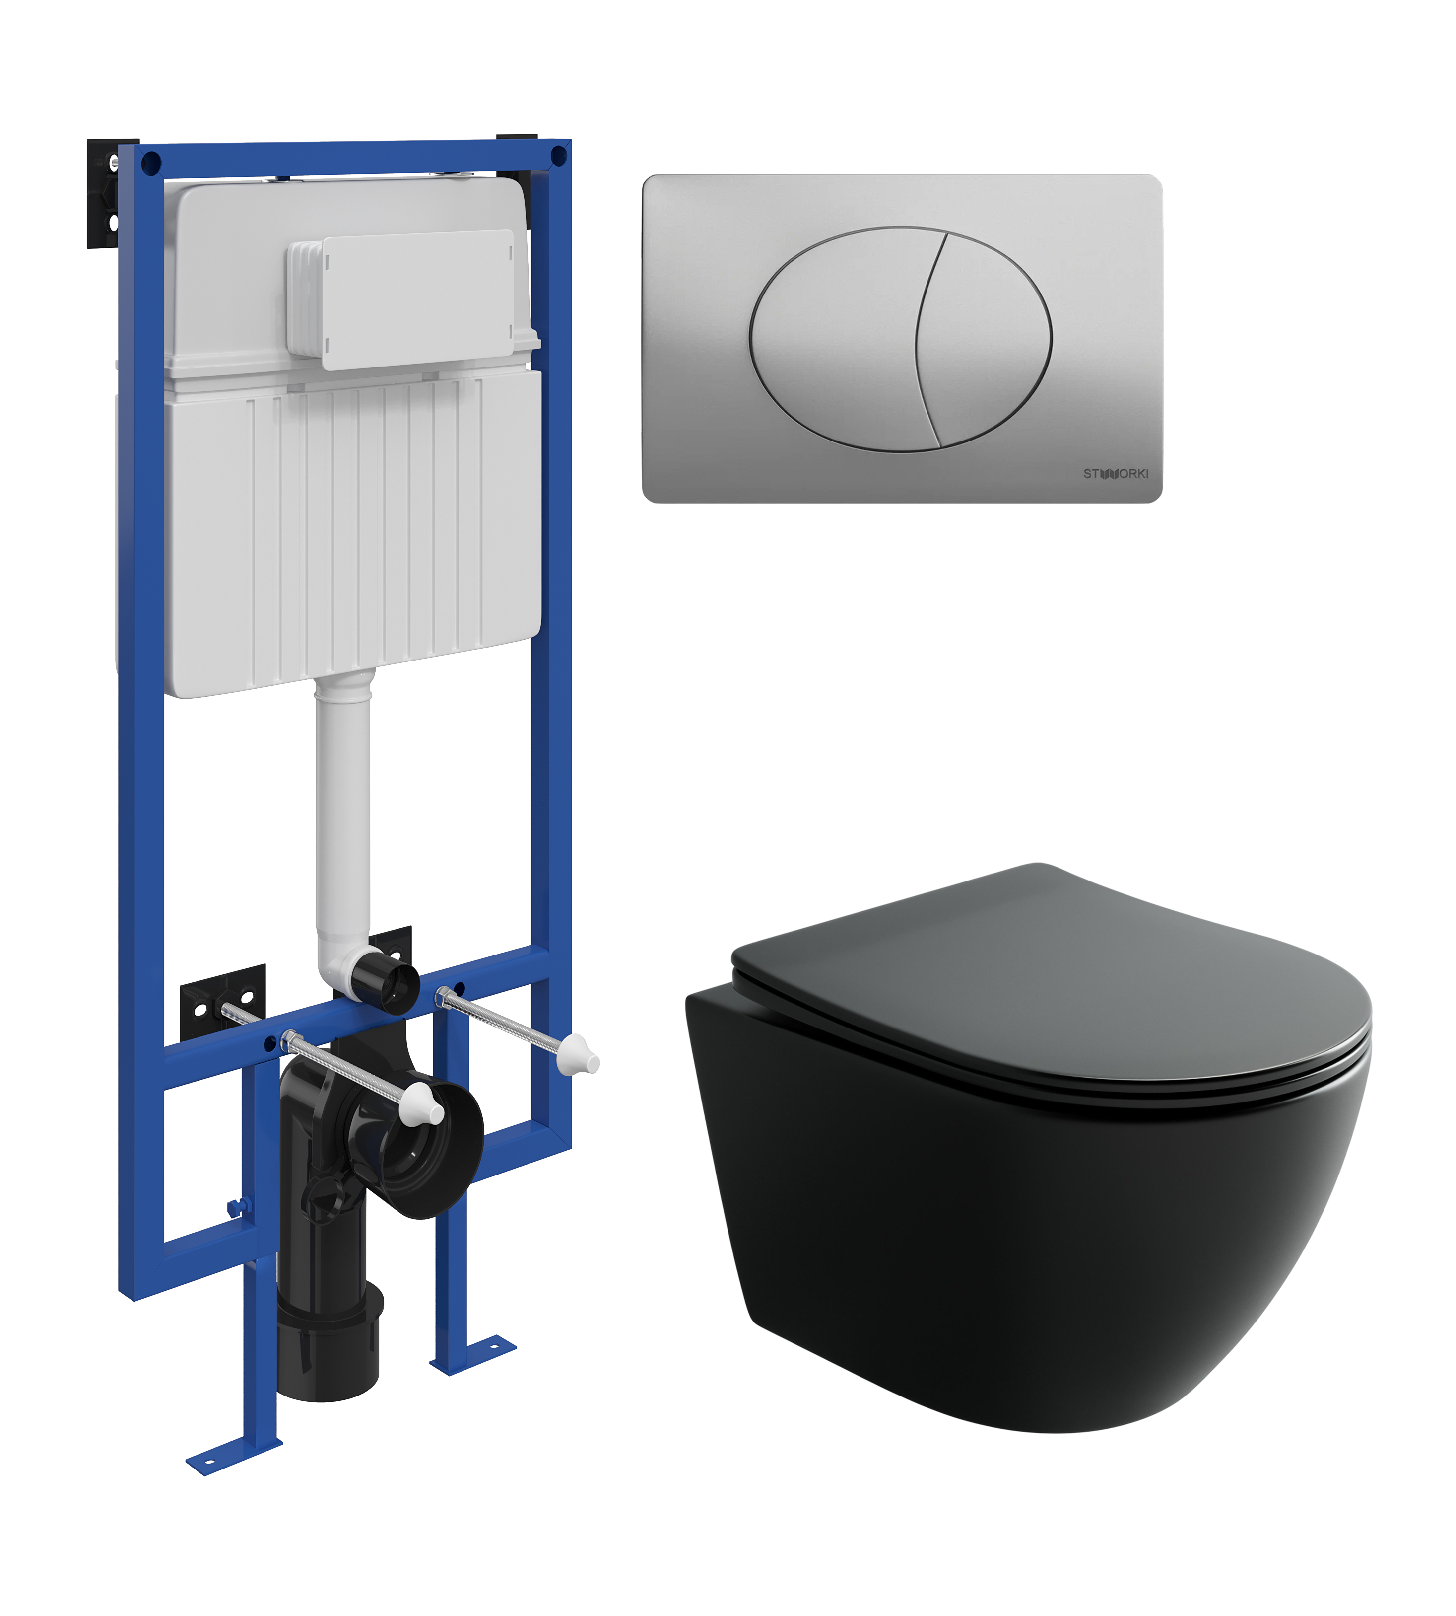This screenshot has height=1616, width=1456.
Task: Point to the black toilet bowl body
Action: pyautogui.click(x=1000, y=1249)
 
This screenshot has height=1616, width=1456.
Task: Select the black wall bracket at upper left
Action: pyautogui.click(x=104, y=196)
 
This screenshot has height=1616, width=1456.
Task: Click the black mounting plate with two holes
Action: pyautogui.click(x=222, y=1002)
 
